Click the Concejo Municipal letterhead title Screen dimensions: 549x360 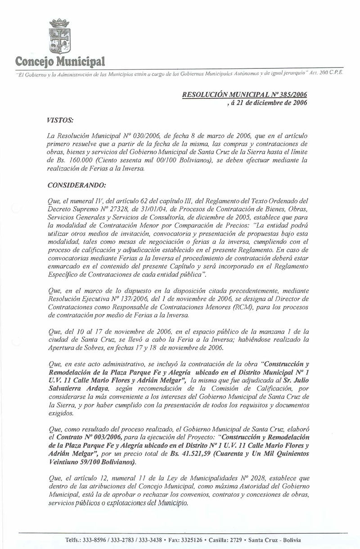point(60,61)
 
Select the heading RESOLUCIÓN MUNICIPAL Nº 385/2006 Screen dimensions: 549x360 point(244,95)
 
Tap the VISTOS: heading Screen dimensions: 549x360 point(60,121)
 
